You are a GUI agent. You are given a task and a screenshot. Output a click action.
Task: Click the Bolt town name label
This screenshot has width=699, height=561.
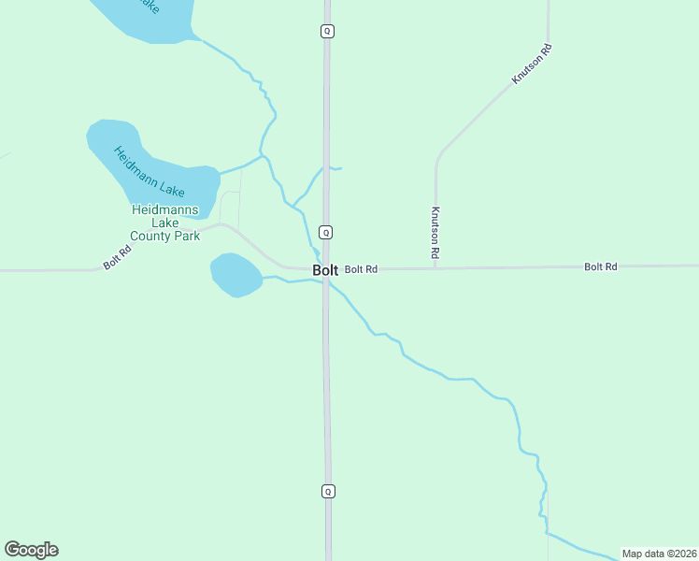pos(325,270)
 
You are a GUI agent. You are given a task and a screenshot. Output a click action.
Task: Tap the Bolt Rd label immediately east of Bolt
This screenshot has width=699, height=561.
pos(361,269)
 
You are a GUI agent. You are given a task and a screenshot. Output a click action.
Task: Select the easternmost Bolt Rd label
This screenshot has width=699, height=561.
pos(601,266)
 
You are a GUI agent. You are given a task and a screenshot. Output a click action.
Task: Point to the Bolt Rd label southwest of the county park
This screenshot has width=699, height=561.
pos(117,259)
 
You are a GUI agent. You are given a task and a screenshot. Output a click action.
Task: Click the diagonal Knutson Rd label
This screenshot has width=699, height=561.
pos(532,65)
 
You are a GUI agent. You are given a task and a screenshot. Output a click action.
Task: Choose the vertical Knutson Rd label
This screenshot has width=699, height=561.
pos(435,233)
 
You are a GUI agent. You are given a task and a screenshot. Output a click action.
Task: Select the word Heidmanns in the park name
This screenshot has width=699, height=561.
pos(164,210)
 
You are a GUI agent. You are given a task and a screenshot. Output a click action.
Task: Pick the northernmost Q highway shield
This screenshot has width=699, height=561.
pos(327,31)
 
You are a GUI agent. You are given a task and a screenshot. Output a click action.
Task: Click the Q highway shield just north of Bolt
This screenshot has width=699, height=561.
pos(326,232)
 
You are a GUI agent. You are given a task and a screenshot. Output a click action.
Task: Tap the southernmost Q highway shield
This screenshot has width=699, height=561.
pos(327,491)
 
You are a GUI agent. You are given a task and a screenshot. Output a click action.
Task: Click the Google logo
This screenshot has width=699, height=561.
pos(31,550)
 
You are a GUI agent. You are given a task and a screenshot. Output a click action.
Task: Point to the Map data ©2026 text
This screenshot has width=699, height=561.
pos(658,553)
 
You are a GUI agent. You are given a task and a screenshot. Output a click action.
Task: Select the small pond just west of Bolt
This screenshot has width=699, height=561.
pos(235,275)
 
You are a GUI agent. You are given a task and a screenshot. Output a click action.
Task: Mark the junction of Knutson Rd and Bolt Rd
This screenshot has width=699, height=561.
pos(435,268)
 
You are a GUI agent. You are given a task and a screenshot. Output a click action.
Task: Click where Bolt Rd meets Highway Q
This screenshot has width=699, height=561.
pos(326,269)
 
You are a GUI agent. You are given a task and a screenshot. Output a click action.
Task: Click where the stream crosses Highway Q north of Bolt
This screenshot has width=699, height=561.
pos(326,168)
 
